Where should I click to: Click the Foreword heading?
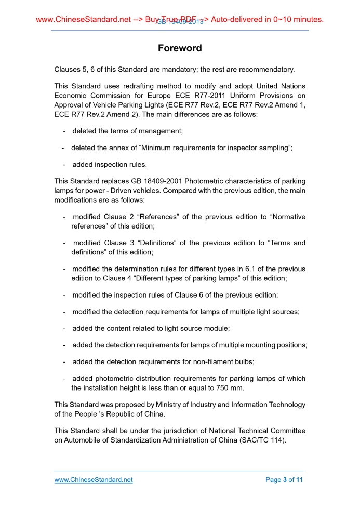coord(180,48)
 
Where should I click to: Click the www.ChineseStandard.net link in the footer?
coord(94,480)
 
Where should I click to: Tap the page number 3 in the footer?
coord(284,480)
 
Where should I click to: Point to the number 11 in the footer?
coord(299,480)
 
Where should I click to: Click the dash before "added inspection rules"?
coord(64,165)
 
